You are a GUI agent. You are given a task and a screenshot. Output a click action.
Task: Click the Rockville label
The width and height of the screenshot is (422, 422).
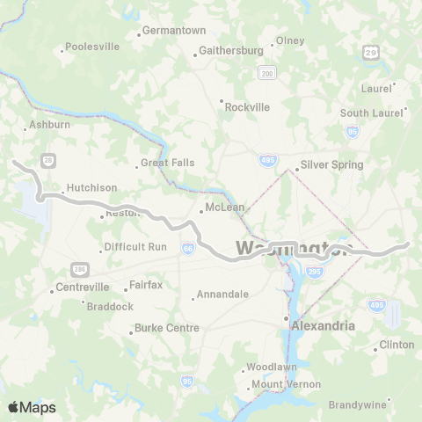(247, 106)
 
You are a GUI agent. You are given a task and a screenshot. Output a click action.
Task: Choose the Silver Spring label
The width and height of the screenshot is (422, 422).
(331, 164)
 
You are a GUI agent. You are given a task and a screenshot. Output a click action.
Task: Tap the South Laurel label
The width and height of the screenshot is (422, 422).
(367, 113)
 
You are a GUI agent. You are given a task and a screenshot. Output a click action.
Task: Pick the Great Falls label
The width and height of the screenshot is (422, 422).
(167, 163)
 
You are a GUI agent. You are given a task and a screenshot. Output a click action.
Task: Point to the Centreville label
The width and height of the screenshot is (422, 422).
(82, 287)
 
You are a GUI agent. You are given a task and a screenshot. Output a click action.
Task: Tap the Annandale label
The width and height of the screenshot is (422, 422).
(222, 294)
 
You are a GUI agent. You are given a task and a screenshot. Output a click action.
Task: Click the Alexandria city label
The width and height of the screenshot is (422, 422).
(323, 325)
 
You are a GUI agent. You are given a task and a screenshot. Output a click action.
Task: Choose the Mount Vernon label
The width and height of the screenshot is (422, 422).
(286, 384)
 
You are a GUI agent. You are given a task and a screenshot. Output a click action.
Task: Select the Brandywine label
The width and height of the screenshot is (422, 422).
(357, 404)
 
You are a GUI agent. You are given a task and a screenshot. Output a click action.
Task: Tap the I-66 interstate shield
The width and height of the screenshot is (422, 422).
(188, 251)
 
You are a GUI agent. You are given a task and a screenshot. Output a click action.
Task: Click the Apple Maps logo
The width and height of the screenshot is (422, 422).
(32, 407)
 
